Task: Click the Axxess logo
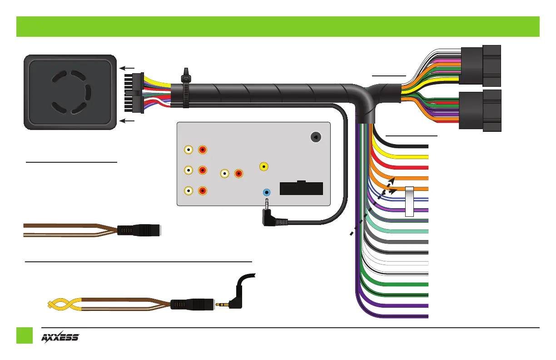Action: pyautogui.click(x=60, y=337)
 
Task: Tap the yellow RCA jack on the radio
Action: pyautogui.click(x=264, y=166)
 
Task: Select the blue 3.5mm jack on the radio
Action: pyautogui.click(x=267, y=192)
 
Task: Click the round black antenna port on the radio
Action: pyautogui.click(x=316, y=137)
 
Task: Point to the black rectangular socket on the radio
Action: pyautogui.click(x=301, y=188)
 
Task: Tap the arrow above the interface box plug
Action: pyautogui.click(x=127, y=68)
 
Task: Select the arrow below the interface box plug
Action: pyautogui.click(x=127, y=121)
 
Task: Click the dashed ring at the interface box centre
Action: pyautogui.click(x=71, y=92)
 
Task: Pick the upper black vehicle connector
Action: pyautogui.click(x=480, y=66)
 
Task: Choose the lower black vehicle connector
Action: pyautogui.click(x=480, y=110)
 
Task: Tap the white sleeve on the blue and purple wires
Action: pyautogui.click(x=409, y=201)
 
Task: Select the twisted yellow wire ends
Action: pyautogui.click(x=65, y=305)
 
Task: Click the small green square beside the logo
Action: pyautogui.click(x=25, y=335)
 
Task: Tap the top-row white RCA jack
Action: pyautogui.click(x=189, y=150)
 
